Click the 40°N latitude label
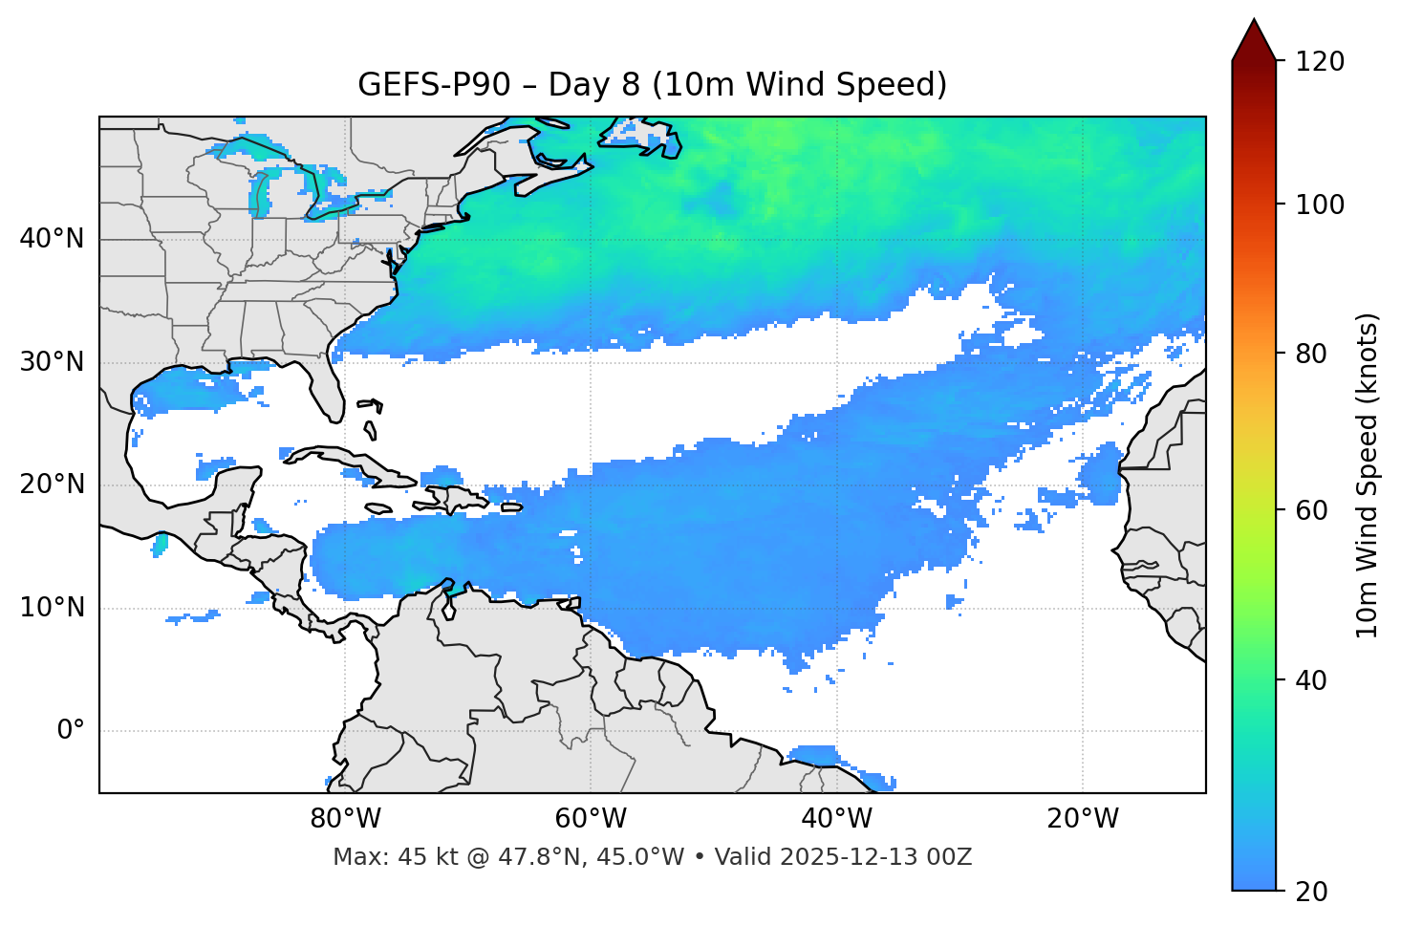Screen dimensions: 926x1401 click(x=52, y=239)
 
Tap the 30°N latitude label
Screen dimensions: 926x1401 click(x=52, y=362)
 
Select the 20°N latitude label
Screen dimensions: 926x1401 click(x=52, y=485)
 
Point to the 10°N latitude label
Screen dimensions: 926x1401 click(x=52, y=608)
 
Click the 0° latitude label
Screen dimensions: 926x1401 click(x=70, y=731)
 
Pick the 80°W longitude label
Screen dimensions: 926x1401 click(x=345, y=819)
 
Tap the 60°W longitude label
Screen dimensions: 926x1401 click(x=591, y=819)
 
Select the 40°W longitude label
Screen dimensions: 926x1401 click(x=836, y=819)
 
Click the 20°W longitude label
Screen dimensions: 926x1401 click(x=1082, y=819)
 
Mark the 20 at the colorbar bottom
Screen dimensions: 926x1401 click(x=1310, y=892)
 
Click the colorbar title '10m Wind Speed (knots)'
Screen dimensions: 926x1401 click(x=1368, y=475)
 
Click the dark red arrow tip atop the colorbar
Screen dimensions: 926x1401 click(x=1254, y=36)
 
